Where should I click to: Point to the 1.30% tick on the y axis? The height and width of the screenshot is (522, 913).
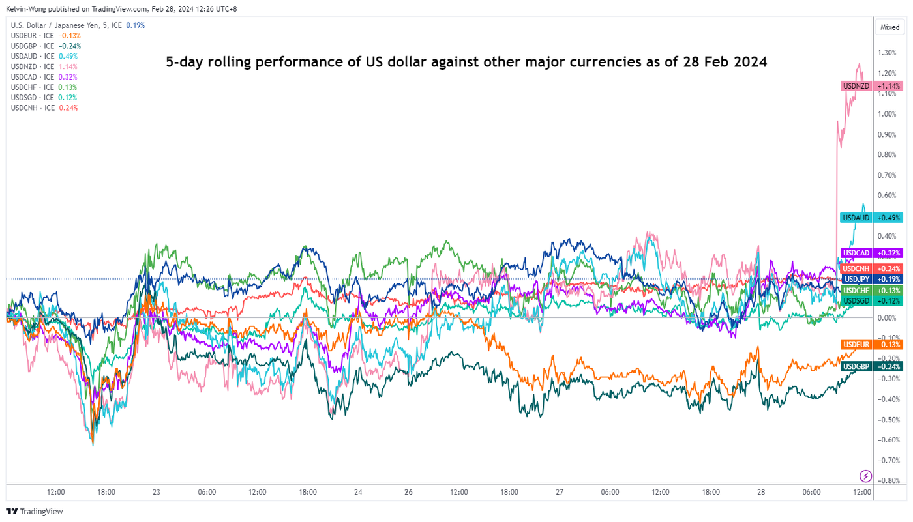click(x=886, y=53)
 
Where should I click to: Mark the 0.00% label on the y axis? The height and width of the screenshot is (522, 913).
click(x=886, y=318)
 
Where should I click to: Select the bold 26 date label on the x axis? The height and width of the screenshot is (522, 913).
click(x=408, y=493)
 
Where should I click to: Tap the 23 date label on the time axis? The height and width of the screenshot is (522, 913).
click(x=157, y=493)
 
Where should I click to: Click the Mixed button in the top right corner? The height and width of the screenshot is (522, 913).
click(x=890, y=27)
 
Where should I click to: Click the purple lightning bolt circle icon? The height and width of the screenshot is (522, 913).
click(x=866, y=476)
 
